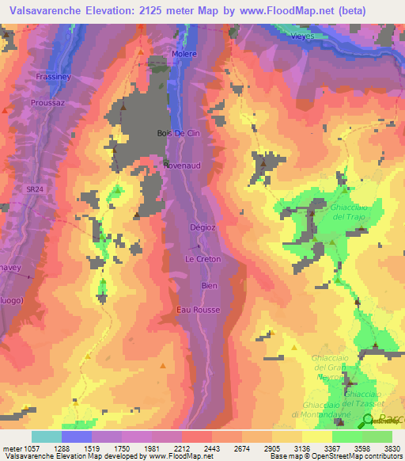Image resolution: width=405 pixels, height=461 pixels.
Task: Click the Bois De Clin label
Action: tap(176, 133)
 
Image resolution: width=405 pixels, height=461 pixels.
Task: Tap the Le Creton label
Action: tap(202, 259)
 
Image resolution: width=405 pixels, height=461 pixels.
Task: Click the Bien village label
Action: tap(209, 285)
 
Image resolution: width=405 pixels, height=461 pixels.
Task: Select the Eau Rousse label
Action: tap(203, 309)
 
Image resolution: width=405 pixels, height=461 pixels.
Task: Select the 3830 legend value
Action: tap(392, 448)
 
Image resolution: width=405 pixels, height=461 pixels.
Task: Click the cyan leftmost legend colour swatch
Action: tap(47, 436)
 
